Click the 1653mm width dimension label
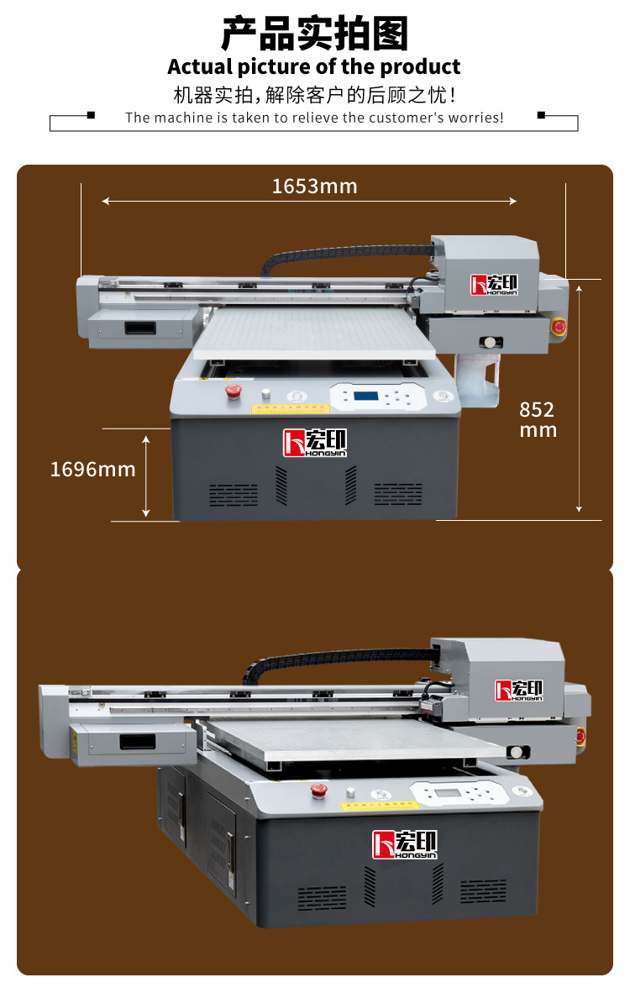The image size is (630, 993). (x=314, y=187)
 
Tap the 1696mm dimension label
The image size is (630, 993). (x=92, y=469)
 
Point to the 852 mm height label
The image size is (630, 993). (x=538, y=419)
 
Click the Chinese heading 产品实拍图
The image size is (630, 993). (x=314, y=34)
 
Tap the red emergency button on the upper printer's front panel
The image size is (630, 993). (x=234, y=390)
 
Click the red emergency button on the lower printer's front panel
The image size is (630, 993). (x=319, y=789)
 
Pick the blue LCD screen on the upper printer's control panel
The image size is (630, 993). (x=366, y=396)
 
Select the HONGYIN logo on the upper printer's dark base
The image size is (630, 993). (x=314, y=443)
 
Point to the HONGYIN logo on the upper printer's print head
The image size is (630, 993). (x=495, y=284)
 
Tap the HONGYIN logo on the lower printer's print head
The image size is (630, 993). (x=520, y=690)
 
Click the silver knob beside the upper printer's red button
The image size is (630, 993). (x=266, y=393)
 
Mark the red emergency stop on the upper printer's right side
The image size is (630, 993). (x=559, y=326)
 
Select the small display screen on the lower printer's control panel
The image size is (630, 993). (x=447, y=793)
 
